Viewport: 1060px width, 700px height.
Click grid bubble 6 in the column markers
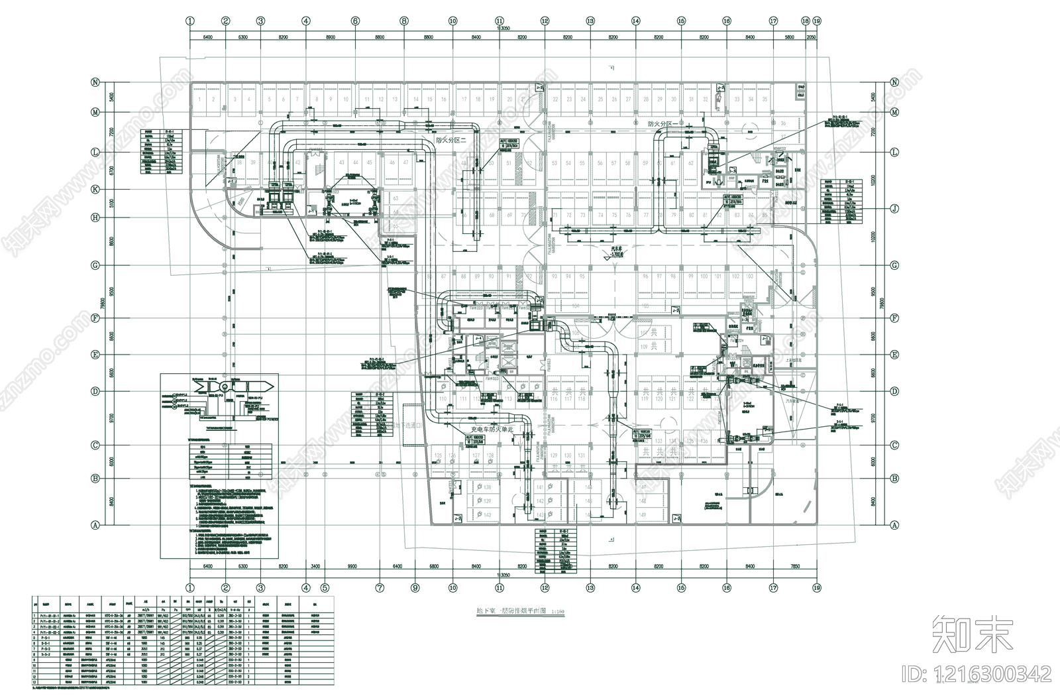point(355,21)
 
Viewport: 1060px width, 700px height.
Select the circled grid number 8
point(403,21)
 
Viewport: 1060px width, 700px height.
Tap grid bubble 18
point(805,21)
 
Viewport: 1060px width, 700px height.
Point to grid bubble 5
point(325,587)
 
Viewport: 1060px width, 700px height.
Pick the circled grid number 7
point(380,587)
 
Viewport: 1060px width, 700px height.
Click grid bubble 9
point(415,587)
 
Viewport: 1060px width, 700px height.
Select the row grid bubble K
point(95,190)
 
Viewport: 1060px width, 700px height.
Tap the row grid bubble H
point(95,217)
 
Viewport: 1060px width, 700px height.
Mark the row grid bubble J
point(894,209)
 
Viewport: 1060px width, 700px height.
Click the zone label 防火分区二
point(451,141)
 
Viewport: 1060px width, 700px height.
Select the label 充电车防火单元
point(492,430)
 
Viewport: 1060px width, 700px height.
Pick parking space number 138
point(487,487)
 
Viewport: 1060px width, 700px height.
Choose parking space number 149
point(642,514)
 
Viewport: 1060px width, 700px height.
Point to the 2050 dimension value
point(812,38)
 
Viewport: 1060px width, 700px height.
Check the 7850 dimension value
point(796,566)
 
